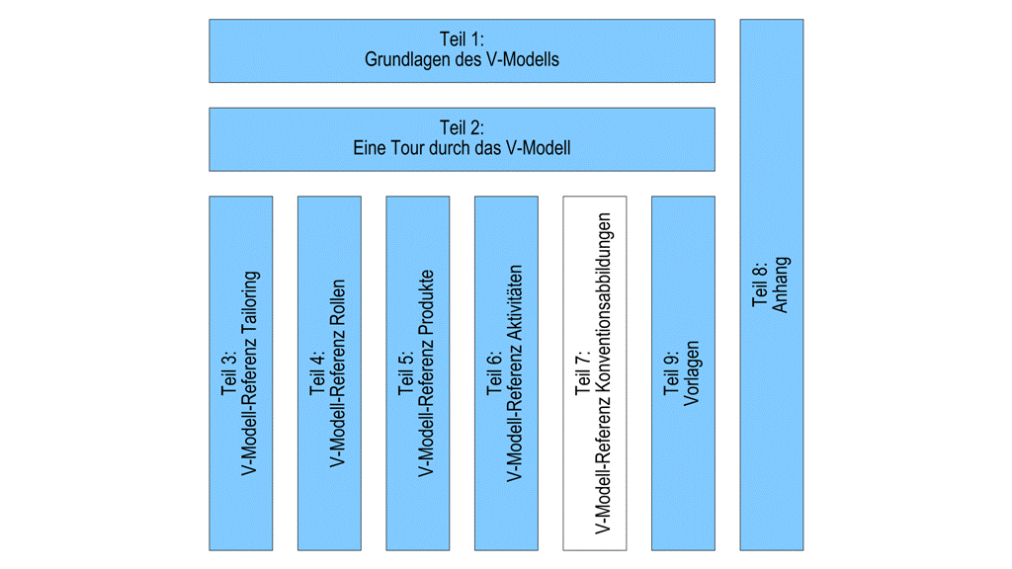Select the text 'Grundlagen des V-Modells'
tap(462, 60)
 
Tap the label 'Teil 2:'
tap(462, 128)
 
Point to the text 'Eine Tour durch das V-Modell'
tap(462, 148)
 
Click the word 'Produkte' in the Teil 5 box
tap(427, 303)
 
